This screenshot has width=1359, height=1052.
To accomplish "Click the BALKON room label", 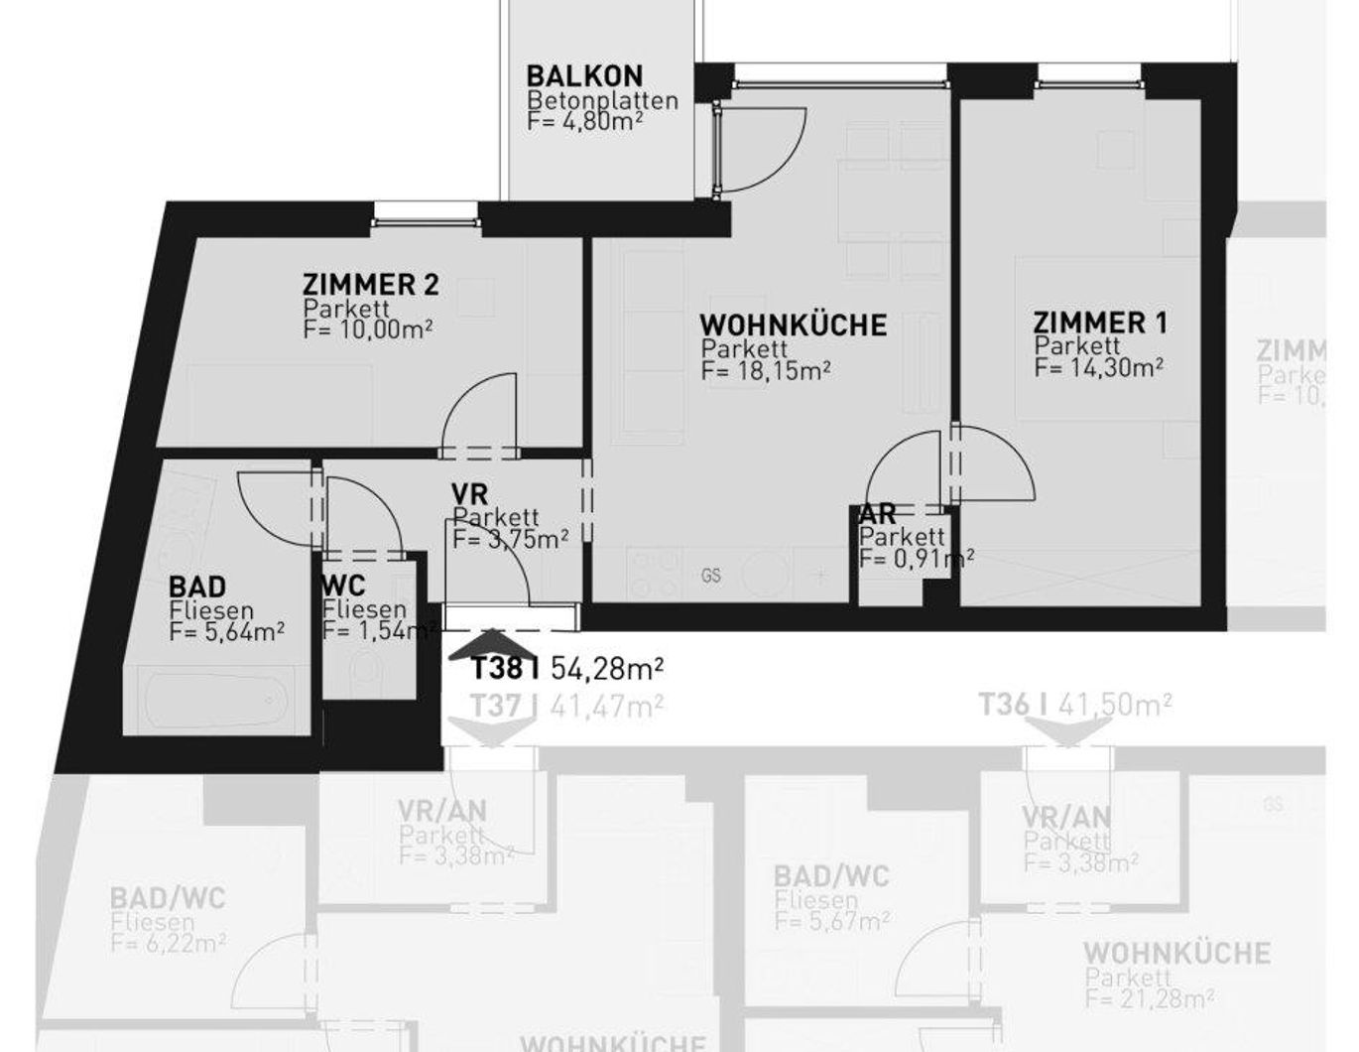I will (x=584, y=75).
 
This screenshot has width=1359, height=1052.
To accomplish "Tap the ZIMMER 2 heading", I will (x=370, y=286).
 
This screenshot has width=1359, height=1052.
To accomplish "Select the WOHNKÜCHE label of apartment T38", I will (x=793, y=325).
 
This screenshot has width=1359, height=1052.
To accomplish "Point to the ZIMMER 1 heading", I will (x=1100, y=323).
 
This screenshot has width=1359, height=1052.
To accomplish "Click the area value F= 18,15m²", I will (x=765, y=371).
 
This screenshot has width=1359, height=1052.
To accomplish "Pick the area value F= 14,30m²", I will (x=1098, y=367).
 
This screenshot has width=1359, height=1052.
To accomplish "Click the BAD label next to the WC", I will (x=197, y=587).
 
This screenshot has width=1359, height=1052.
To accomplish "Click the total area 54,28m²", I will (x=606, y=669).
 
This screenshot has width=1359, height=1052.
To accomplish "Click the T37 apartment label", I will (x=496, y=706).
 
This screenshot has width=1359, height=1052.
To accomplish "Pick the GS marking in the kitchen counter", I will (x=710, y=575).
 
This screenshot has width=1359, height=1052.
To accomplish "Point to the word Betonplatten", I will (x=603, y=100).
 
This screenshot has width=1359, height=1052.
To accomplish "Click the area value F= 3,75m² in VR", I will (x=510, y=539).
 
